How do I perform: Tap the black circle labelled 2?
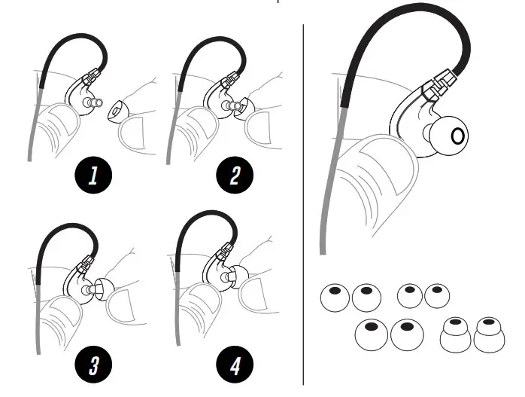235,176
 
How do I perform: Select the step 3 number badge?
93,366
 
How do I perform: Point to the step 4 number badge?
235,366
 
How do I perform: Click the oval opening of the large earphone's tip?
458,136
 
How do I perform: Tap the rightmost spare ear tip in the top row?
437,295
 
